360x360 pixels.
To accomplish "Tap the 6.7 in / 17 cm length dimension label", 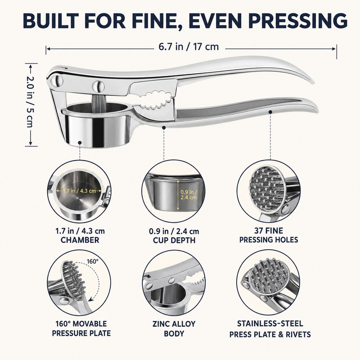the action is click(x=189, y=47).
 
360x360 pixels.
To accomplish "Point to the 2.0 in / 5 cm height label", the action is click(x=31, y=102).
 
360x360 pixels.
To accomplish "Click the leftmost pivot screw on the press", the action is click(x=57, y=81).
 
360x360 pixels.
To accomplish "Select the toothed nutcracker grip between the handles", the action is click(x=156, y=100).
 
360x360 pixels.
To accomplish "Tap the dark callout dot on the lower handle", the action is click(x=270, y=112).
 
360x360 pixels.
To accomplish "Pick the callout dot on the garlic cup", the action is click(x=80, y=143).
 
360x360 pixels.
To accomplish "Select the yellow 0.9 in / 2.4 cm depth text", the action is click(x=189, y=195).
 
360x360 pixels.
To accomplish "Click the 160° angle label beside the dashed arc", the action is click(x=93, y=261).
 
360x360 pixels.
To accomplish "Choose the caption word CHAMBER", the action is click(x=80, y=240).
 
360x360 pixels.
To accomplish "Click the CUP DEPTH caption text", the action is click(x=174, y=240).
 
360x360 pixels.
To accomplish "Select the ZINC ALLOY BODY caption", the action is click(x=174, y=328).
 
